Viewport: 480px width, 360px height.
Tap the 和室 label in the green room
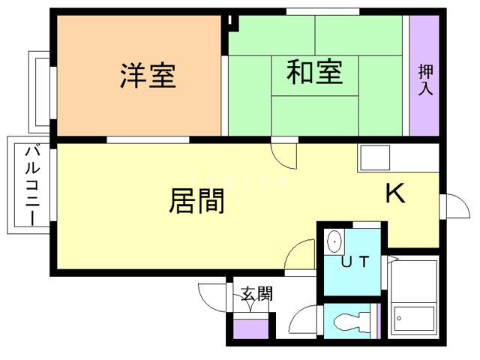(315, 73)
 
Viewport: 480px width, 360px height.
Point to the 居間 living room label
(197, 200)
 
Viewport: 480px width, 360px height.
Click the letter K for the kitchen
(394, 194)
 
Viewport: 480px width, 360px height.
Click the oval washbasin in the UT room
(334, 242)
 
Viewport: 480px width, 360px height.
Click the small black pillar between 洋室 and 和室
(232, 21)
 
